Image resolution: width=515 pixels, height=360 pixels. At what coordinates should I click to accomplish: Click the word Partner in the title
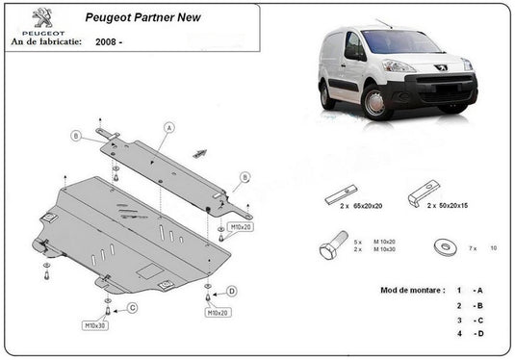point(162,17)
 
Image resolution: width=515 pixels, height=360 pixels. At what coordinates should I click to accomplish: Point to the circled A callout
point(169,127)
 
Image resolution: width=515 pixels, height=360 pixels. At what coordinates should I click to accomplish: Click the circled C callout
point(133,307)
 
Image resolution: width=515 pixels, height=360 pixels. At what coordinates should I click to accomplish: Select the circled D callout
point(232,291)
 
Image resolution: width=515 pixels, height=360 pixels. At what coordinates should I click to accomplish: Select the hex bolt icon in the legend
point(329,248)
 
